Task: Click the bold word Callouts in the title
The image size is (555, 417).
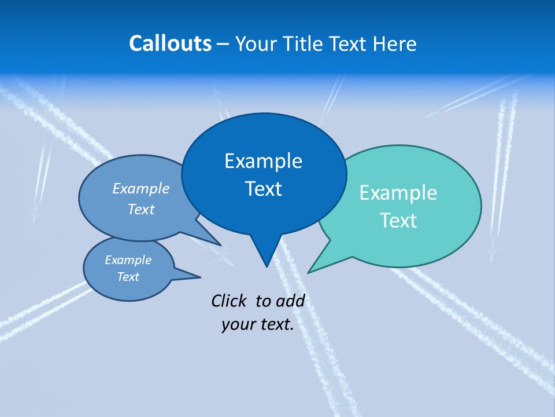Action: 170,44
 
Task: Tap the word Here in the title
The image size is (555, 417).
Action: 394,44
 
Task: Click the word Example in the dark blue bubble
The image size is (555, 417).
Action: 263,161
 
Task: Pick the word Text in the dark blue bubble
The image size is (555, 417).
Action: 263,189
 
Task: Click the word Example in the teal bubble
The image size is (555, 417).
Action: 398,193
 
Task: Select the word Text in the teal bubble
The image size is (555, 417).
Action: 398,221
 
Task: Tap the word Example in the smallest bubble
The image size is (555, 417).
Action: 128,260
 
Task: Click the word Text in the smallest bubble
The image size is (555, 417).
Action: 128,277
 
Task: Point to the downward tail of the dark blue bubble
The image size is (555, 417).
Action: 266,255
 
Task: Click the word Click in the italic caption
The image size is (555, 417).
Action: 228,301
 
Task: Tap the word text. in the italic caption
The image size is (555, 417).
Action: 275,324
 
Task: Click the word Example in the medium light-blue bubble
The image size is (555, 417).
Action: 141,188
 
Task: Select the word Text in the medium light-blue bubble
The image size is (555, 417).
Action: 141,209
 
